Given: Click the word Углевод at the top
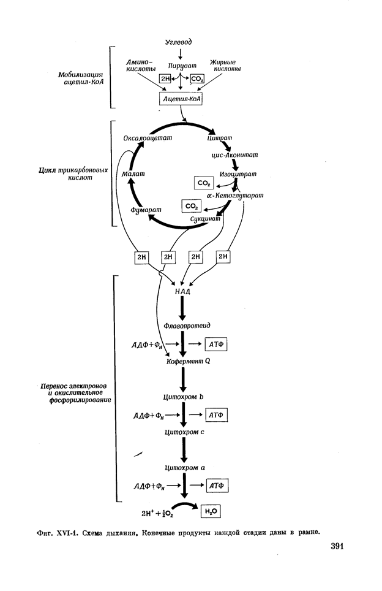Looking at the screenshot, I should point(179,42).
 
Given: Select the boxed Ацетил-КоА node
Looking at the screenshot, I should point(181,98).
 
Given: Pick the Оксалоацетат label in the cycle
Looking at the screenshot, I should point(144,139).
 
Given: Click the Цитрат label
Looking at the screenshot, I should point(220,139).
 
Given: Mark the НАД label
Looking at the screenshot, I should point(182,292).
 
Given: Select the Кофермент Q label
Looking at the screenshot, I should point(189,362).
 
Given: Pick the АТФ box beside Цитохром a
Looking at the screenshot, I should point(217,486).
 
